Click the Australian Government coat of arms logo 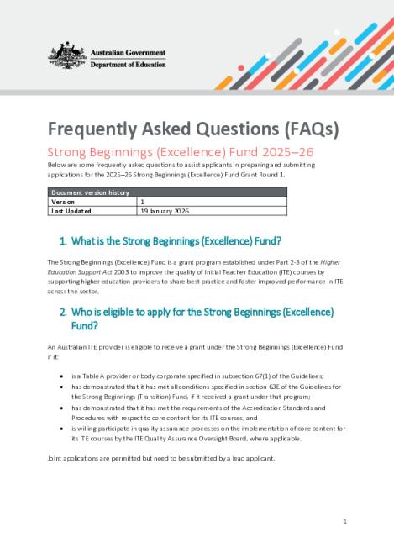coord(62,55)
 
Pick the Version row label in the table coord(63,202)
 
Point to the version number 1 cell coord(143,202)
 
